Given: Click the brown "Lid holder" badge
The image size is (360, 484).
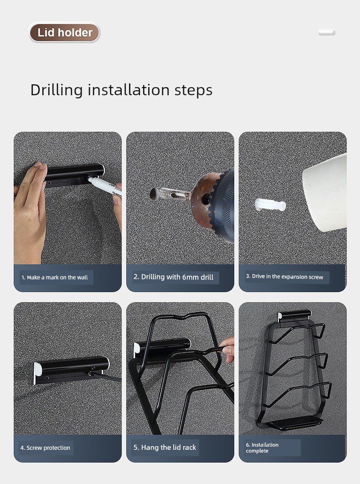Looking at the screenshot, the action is coord(65,32).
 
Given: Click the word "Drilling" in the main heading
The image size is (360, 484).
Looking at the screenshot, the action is coord(57,90).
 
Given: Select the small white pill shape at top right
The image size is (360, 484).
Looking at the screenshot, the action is coord(327,32).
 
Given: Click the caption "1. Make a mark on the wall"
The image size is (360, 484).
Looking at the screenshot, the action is coord(55,278).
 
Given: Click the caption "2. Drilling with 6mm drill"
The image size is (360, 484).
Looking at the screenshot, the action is coord(173,277).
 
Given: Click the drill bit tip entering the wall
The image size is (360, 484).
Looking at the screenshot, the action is coord(154,194).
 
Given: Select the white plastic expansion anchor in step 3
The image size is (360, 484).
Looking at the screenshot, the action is coord(270,205).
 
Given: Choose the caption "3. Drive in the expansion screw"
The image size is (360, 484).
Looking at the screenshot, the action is coord(284,277).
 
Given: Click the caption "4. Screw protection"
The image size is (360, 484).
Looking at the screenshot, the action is coord(45,448).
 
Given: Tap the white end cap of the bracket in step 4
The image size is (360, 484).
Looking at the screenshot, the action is coord(37,373).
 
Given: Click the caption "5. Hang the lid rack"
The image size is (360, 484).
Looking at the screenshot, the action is coord(165,447).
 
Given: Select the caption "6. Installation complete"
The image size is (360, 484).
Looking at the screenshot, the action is coord(262,448).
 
